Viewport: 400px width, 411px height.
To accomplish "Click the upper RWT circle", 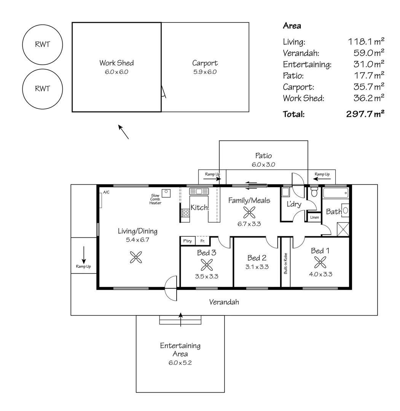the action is [x=43, y=25].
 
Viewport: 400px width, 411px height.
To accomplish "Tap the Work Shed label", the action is [x=116, y=63].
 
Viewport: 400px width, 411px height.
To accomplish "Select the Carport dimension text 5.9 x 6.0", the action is [x=205, y=72].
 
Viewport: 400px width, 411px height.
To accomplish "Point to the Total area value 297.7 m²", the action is [x=365, y=114].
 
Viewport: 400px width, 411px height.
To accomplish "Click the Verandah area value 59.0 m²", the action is [x=369, y=53].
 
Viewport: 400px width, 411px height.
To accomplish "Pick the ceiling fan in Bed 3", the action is [x=207, y=265].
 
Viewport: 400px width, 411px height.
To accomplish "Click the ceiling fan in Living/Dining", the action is [x=136, y=257].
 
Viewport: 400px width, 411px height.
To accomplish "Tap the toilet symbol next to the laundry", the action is [x=314, y=192].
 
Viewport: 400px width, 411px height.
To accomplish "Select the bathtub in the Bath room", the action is [x=336, y=193].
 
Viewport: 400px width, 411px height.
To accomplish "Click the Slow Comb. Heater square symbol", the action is [x=166, y=193].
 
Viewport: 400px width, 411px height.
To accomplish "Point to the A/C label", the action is [x=106, y=193].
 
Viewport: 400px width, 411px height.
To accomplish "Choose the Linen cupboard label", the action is [x=314, y=217].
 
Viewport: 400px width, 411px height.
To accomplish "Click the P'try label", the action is [x=187, y=241].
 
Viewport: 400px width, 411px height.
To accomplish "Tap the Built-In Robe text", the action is [x=286, y=263].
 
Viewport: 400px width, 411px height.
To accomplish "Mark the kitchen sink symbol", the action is [x=199, y=191].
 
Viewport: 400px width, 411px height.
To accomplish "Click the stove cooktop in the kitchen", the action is [x=186, y=213].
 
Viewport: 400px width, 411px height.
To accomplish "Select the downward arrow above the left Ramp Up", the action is [x=84, y=255].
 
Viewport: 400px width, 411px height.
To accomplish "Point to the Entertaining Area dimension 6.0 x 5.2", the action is [x=180, y=363].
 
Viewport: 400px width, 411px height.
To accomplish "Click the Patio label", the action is [x=263, y=156].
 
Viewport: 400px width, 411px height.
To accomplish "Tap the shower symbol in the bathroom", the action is [x=343, y=229].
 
